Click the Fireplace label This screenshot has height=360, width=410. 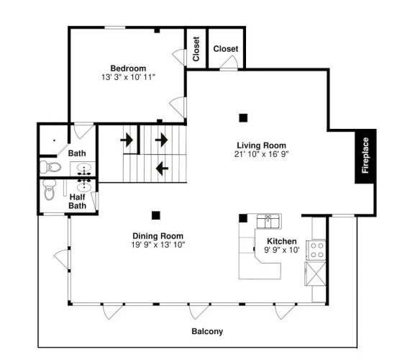365,156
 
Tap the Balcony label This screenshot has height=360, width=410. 207,331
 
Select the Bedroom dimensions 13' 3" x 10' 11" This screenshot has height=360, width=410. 128,77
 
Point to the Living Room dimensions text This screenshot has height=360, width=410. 261,154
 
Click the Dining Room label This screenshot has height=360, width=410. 158,236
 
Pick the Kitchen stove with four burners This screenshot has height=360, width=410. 316,250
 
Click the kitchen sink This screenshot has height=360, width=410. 268,221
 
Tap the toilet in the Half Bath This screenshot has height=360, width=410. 50,190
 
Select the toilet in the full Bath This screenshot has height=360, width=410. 50,167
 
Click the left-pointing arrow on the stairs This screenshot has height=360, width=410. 162,168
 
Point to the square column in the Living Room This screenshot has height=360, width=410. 243,118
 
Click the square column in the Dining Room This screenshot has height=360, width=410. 156,215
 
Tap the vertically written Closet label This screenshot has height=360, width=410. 196,49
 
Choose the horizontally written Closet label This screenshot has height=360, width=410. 226,49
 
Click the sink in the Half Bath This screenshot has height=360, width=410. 84,186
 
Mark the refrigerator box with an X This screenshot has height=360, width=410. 315,274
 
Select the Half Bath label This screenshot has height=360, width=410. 78,201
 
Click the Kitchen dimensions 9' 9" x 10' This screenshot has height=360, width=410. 282,250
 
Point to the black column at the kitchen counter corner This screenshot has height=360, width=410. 243,218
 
